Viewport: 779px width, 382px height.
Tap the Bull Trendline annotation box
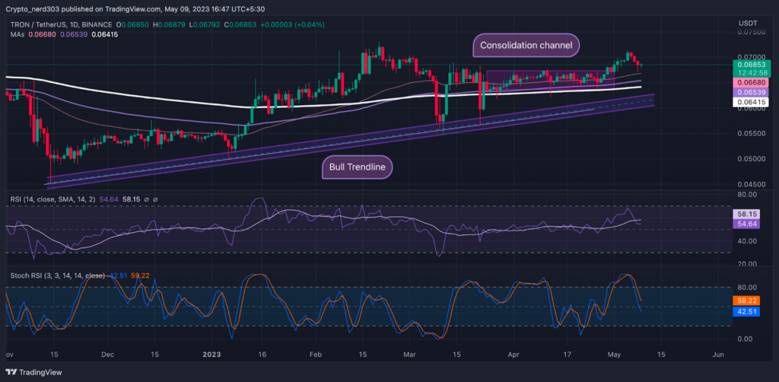[357, 167]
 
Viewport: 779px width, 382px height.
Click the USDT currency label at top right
[748, 23]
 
